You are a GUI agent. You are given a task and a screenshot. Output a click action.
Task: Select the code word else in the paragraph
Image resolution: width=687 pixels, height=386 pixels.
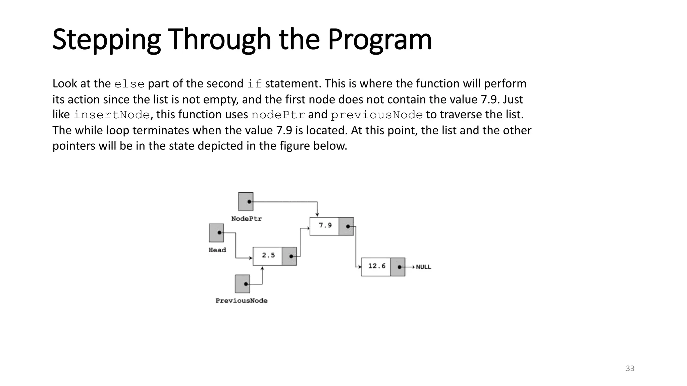[x=129, y=84]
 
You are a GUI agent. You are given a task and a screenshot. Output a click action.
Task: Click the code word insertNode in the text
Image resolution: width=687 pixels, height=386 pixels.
[x=111, y=115]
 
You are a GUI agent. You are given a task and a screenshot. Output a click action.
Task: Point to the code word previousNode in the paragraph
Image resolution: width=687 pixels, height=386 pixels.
[x=376, y=115]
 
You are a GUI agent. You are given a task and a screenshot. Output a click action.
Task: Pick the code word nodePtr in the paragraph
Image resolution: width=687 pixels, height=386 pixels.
[x=278, y=115]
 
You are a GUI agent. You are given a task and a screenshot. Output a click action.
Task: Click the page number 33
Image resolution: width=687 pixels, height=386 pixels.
[x=630, y=369]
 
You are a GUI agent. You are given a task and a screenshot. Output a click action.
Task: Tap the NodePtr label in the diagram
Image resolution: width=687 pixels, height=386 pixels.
[x=247, y=219]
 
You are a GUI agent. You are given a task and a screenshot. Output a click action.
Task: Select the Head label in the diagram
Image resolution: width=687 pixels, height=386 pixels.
[x=217, y=250]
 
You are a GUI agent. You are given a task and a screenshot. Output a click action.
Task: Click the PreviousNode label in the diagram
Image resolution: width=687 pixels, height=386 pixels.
[x=242, y=301]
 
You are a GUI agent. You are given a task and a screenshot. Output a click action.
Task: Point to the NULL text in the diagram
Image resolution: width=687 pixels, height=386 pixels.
[x=423, y=267]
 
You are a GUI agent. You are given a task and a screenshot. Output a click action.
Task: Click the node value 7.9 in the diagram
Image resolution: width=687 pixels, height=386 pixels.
[x=325, y=226]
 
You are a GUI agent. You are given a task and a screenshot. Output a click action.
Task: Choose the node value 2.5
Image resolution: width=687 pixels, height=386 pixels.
[x=268, y=255]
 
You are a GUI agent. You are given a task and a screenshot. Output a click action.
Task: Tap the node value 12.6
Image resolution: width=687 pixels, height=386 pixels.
[x=377, y=266]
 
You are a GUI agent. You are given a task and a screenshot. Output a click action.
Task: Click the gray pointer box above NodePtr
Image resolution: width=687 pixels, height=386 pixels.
[x=246, y=201]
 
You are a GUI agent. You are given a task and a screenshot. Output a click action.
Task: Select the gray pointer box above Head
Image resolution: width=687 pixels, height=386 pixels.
[x=216, y=233]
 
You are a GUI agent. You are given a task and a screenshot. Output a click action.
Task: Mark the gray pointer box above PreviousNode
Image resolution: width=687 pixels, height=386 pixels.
[x=243, y=284]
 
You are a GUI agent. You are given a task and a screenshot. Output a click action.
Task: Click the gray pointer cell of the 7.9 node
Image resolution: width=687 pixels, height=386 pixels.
[x=346, y=227]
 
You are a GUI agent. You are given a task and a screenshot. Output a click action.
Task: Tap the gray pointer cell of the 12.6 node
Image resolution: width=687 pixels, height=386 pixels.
[x=398, y=267]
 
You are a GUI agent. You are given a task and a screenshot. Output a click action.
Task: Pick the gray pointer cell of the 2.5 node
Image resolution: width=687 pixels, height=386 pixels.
[x=289, y=256]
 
